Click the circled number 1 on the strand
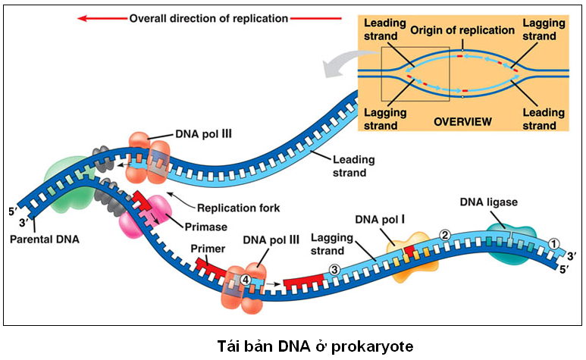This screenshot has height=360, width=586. click(x=553, y=243)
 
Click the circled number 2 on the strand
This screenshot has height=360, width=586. click(x=445, y=235)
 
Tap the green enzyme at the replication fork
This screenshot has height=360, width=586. click(x=66, y=184)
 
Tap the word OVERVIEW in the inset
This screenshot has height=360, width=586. click(x=462, y=121)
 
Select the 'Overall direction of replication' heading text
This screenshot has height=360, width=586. click(x=208, y=18)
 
